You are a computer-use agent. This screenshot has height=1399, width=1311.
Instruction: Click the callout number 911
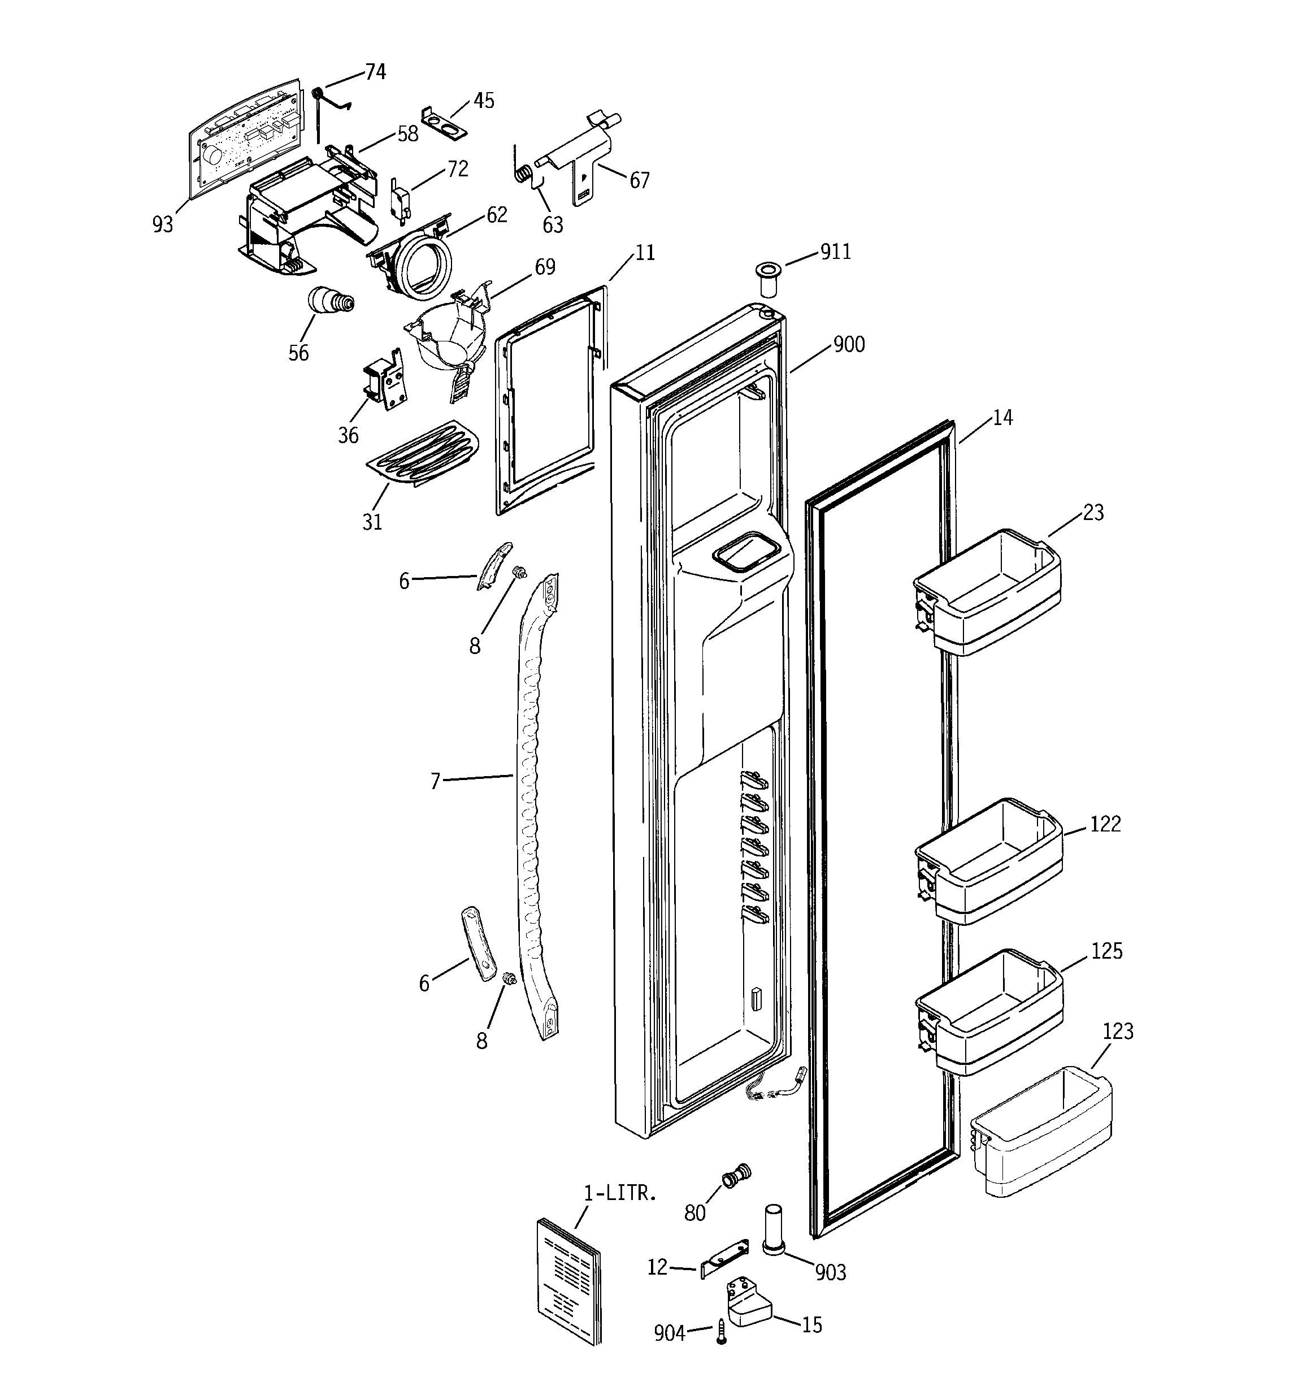pyautogui.click(x=835, y=252)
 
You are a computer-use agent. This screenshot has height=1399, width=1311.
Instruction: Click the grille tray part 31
pyautogui.click(x=423, y=454)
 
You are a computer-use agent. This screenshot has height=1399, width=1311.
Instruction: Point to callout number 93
pyautogui.click(x=163, y=224)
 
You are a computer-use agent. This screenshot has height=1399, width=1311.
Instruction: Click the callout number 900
pyautogui.click(x=849, y=345)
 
